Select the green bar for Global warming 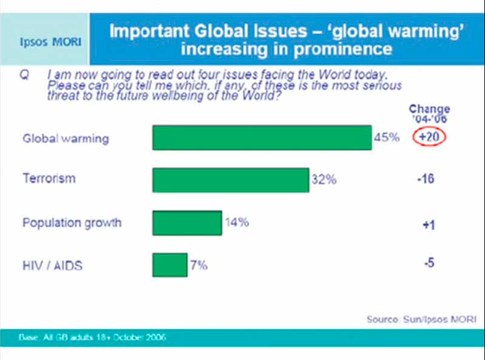coord(262,138)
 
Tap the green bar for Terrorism coord(230,180)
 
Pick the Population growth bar coord(187,222)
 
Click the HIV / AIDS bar coord(170,265)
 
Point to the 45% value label coord(386,138)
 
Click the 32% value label coord(323,180)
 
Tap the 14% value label coord(236,222)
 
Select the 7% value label coord(199,265)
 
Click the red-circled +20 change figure coord(429,138)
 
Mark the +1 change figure coord(429,225)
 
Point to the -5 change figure coord(429,264)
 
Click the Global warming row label coord(65,138)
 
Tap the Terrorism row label coord(49,179)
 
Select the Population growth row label coord(72,222)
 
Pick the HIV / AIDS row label coord(52,265)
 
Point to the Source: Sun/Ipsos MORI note coord(421,319)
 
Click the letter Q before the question coord(25,76)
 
